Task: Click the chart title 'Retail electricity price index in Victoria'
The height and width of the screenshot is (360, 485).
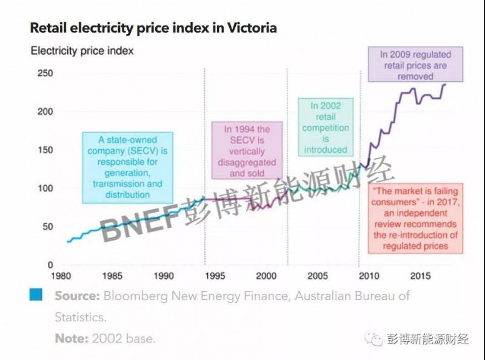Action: [153, 28]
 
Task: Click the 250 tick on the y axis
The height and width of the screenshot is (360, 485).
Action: [45, 73]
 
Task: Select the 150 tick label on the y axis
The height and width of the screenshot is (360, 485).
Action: [45, 150]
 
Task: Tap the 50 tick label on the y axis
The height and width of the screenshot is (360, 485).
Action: [48, 227]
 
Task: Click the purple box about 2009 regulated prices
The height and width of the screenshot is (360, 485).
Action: [415, 65]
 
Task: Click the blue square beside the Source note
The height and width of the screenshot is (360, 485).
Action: [36, 295]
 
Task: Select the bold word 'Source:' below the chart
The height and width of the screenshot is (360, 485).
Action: [76, 296]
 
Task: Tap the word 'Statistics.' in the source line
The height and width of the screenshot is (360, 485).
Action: [81, 317]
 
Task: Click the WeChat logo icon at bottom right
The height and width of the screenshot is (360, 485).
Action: [377, 339]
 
